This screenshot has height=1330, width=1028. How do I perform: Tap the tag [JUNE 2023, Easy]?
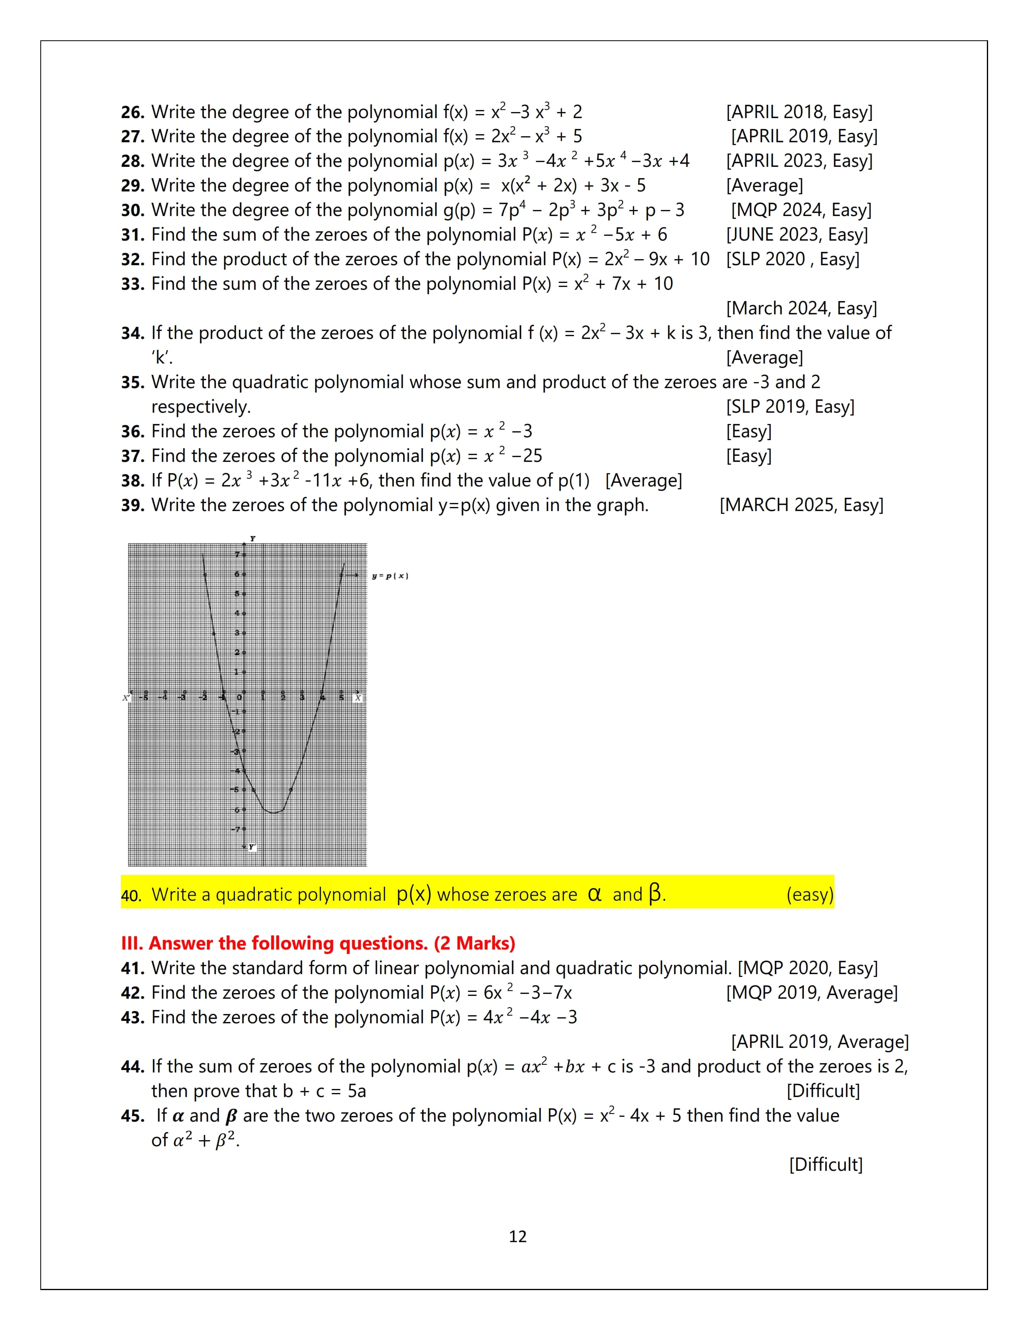pos(797,235)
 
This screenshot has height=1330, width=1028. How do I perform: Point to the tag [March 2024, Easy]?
pos(801,309)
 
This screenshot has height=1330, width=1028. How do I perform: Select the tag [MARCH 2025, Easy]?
pos(801,505)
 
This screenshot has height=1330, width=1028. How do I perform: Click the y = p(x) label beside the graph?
pos(390,576)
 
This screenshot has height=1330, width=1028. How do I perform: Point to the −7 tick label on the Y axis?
pos(236,829)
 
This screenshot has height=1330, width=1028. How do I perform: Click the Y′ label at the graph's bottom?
pos(252,847)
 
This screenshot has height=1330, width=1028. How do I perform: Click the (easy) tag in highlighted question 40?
pos(809,895)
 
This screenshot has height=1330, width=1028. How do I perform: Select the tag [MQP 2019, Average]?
pos(811,993)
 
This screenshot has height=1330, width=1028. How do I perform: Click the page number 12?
pos(518,1237)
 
